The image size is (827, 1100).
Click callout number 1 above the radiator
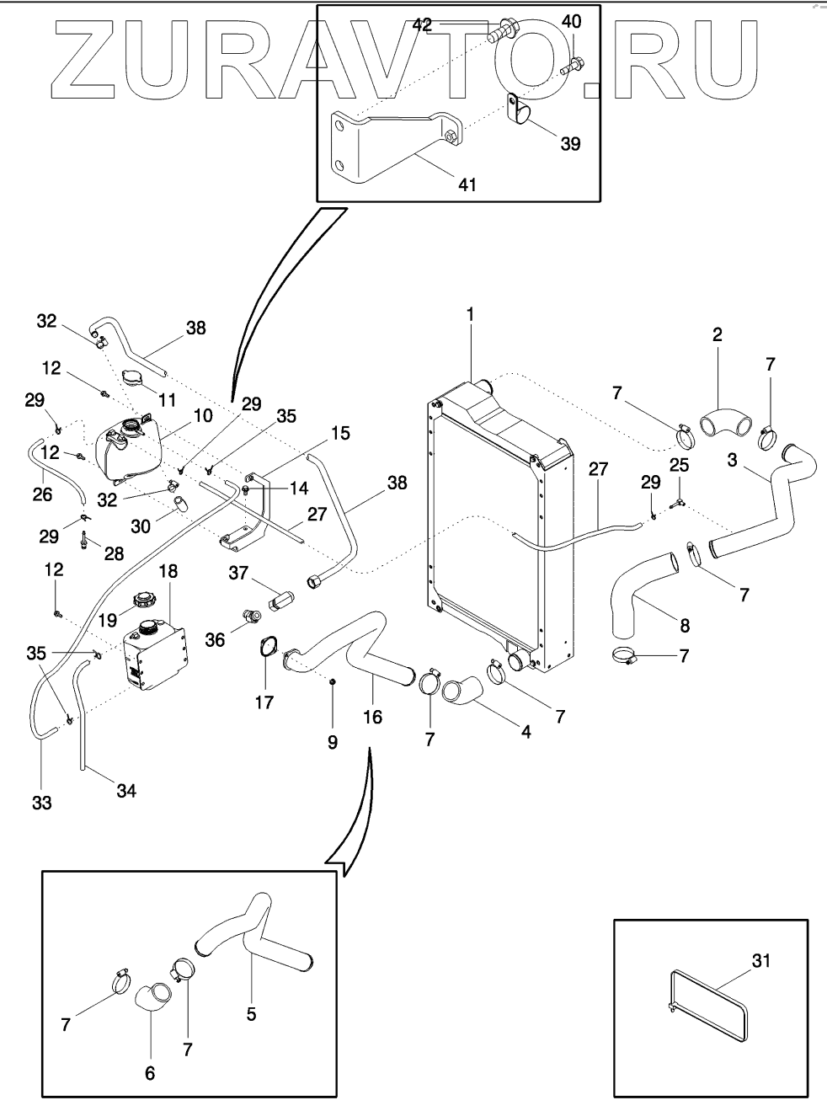tap(471, 315)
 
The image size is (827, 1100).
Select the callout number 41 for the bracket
tap(467, 184)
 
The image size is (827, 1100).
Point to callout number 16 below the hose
tap(371, 717)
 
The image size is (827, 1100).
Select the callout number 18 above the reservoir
tap(168, 571)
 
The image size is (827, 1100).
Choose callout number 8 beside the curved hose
tap(684, 626)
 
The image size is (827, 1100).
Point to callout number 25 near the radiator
tap(680, 464)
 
